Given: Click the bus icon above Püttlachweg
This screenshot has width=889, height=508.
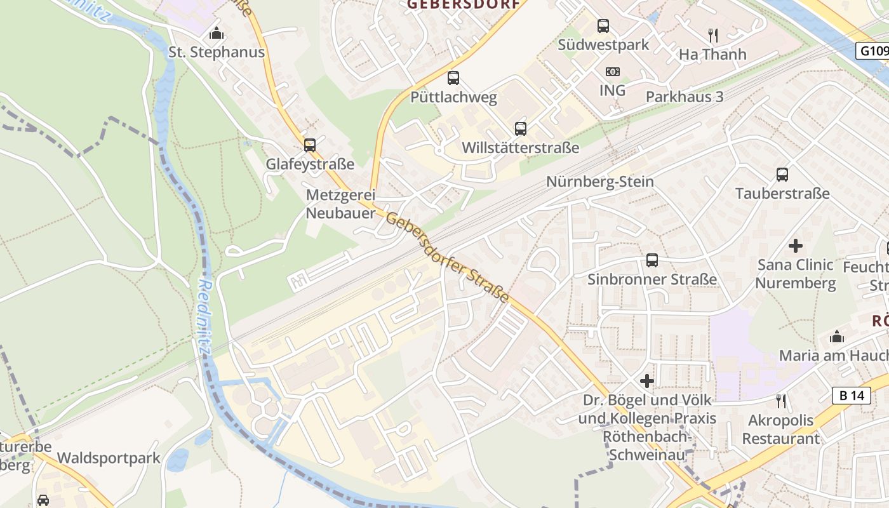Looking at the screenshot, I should click(x=453, y=78).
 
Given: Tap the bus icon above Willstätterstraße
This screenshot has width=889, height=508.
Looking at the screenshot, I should click(x=521, y=129).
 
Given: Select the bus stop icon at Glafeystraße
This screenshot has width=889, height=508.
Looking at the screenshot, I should click(x=309, y=145).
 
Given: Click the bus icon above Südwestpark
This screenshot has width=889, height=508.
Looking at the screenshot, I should click(x=603, y=26).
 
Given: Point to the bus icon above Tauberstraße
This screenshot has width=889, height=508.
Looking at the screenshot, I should click(x=782, y=175).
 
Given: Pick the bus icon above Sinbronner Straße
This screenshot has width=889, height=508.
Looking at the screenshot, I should click(x=652, y=260).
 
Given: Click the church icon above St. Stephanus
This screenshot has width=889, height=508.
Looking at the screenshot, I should click(x=217, y=33).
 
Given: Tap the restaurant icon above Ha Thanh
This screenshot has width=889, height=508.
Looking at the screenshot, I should click(x=712, y=36).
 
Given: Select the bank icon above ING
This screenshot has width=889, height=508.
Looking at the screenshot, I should click(x=613, y=72).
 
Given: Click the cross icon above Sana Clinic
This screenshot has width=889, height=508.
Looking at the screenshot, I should click(x=795, y=246).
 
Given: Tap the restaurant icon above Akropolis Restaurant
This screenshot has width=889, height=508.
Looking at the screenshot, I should click(x=781, y=401).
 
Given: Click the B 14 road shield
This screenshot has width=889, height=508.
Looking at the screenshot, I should click(x=851, y=396).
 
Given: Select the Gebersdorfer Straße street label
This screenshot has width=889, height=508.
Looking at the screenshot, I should click(x=448, y=257).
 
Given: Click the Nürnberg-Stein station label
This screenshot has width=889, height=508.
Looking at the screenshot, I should click(x=600, y=182).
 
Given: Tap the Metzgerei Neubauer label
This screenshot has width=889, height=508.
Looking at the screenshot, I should click(x=340, y=204).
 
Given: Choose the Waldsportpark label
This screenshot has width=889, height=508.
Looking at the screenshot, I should click(x=109, y=458).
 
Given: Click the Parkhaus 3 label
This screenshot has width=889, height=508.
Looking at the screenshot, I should click(x=685, y=97).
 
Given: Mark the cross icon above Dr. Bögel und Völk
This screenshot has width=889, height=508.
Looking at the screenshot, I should click(x=647, y=381).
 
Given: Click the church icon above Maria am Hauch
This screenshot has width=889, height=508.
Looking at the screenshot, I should click(x=837, y=337).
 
